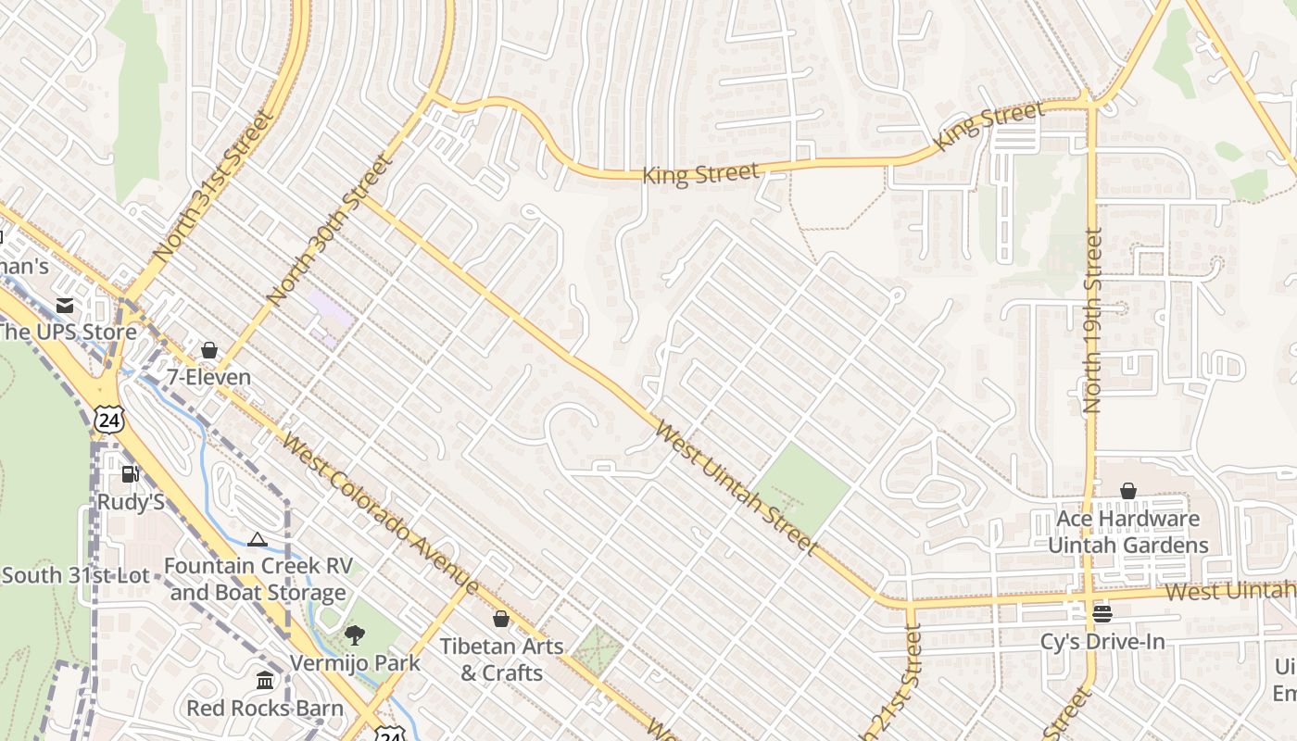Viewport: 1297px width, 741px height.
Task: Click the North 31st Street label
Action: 214,185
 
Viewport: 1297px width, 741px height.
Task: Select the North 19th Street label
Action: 1093,320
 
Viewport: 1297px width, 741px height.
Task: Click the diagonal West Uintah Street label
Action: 736,488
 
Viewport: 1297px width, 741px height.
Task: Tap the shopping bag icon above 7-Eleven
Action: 209,350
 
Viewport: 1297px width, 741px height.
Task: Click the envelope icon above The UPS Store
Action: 65,305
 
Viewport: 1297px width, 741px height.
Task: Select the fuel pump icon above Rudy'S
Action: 131,474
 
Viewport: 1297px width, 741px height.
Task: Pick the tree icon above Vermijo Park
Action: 354,635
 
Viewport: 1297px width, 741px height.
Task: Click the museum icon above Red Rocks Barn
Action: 265,681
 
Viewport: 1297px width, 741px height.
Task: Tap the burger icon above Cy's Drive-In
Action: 1102,613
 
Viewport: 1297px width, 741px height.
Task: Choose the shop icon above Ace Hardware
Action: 1128,491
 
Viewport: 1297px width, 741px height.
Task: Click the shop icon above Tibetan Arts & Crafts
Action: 501,618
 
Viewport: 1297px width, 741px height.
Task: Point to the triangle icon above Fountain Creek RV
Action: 258,540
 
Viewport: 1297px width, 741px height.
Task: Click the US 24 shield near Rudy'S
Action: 109,420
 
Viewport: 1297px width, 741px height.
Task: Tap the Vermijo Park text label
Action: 355,663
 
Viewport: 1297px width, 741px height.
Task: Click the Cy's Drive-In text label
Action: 1102,641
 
